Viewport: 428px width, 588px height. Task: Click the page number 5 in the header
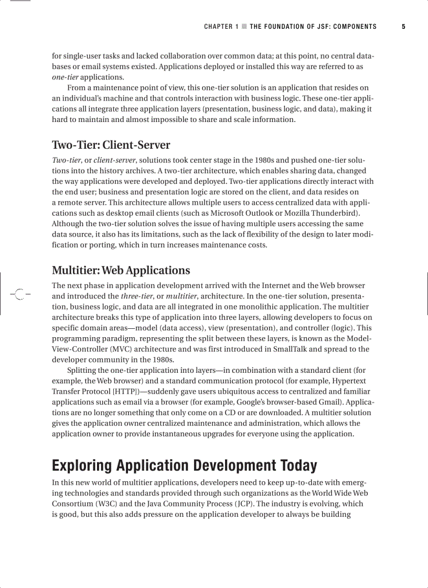coord(403,27)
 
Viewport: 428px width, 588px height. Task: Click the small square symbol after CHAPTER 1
coord(244,27)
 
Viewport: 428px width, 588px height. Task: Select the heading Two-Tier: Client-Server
coord(111,145)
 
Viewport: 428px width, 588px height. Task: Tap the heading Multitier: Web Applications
coord(121,271)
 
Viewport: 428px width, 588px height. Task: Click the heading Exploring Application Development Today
coord(184,465)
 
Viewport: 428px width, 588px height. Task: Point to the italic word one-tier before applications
coord(65,77)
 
